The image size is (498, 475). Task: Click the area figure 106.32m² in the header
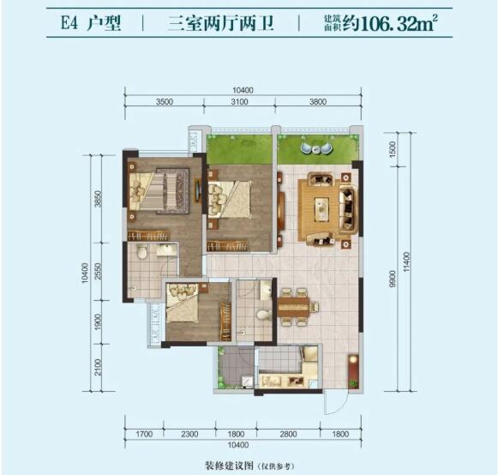pyautogui.click(x=399, y=23)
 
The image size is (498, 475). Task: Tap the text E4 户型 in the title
pyautogui.click(x=91, y=23)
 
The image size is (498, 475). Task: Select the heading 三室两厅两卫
pyautogui.click(x=221, y=23)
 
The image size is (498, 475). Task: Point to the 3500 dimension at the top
pyautogui.click(x=165, y=102)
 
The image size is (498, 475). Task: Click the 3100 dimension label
pyautogui.click(x=239, y=102)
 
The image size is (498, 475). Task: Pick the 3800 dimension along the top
pyautogui.click(x=318, y=102)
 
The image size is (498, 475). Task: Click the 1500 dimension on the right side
pyautogui.click(x=393, y=149)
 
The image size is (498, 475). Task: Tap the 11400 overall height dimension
pyautogui.click(x=407, y=262)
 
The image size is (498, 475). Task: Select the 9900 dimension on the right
pyautogui.click(x=393, y=279)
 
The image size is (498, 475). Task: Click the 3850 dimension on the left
pyautogui.click(x=98, y=199)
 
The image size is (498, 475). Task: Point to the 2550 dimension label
pyautogui.click(x=98, y=271)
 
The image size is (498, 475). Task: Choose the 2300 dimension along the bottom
pyautogui.click(x=189, y=434)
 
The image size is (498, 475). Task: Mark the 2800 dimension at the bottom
pyautogui.click(x=288, y=434)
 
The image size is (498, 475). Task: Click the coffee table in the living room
pyautogui.click(x=322, y=208)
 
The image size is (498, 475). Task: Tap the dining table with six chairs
pyautogui.click(x=294, y=307)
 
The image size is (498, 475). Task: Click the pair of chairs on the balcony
pyautogui.click(x=316, y=148)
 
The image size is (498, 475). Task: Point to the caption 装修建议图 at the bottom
pyautogui.click(x=230, y=466)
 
